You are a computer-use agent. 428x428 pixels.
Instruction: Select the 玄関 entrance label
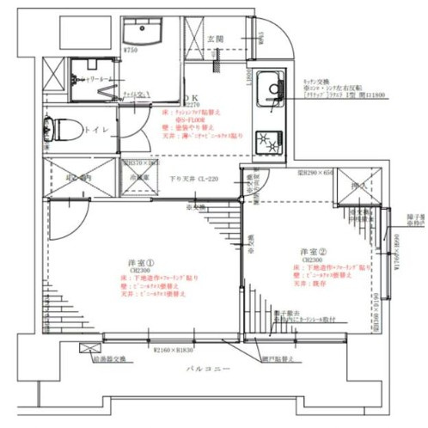click(x=217, y=39)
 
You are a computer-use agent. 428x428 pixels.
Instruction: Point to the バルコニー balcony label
click(x=211, y=370)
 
